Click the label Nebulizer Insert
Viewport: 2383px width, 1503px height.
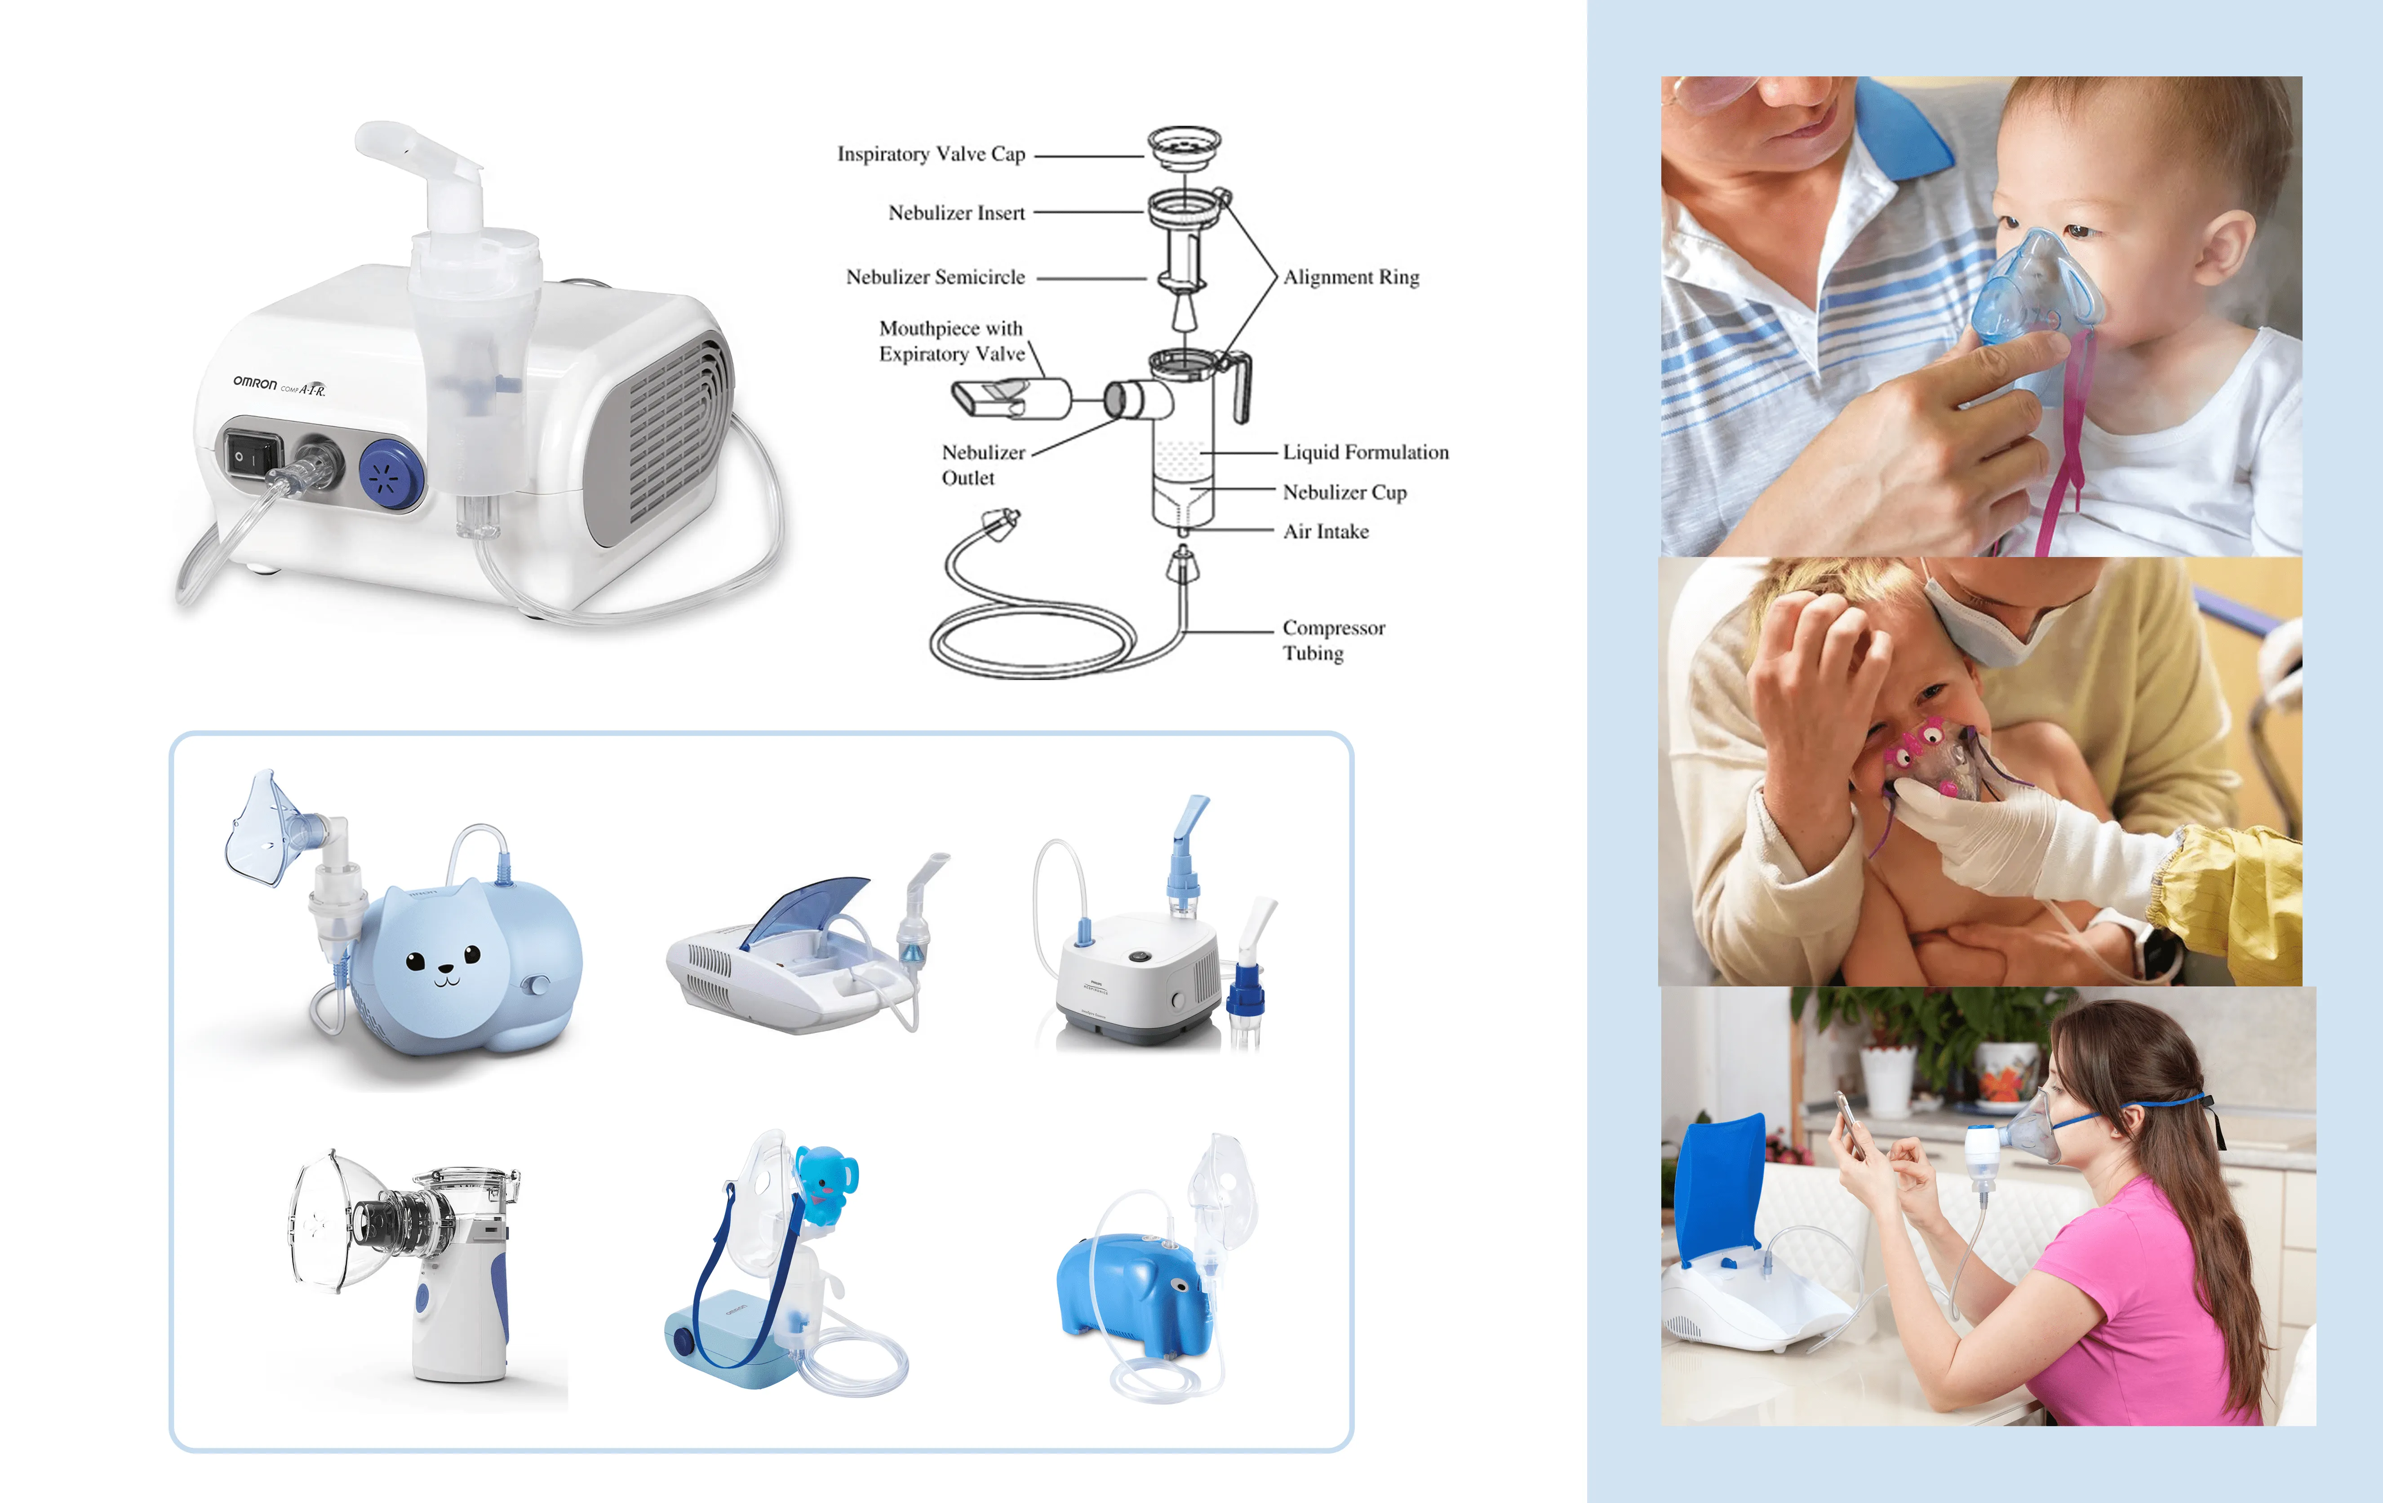point(956,213)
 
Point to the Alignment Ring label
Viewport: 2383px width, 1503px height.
point(1351,277)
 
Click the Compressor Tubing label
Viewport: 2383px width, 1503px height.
point(1333,640)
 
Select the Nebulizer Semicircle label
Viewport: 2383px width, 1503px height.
point(935,277)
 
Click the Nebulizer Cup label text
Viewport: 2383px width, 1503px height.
point(1344,492)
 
